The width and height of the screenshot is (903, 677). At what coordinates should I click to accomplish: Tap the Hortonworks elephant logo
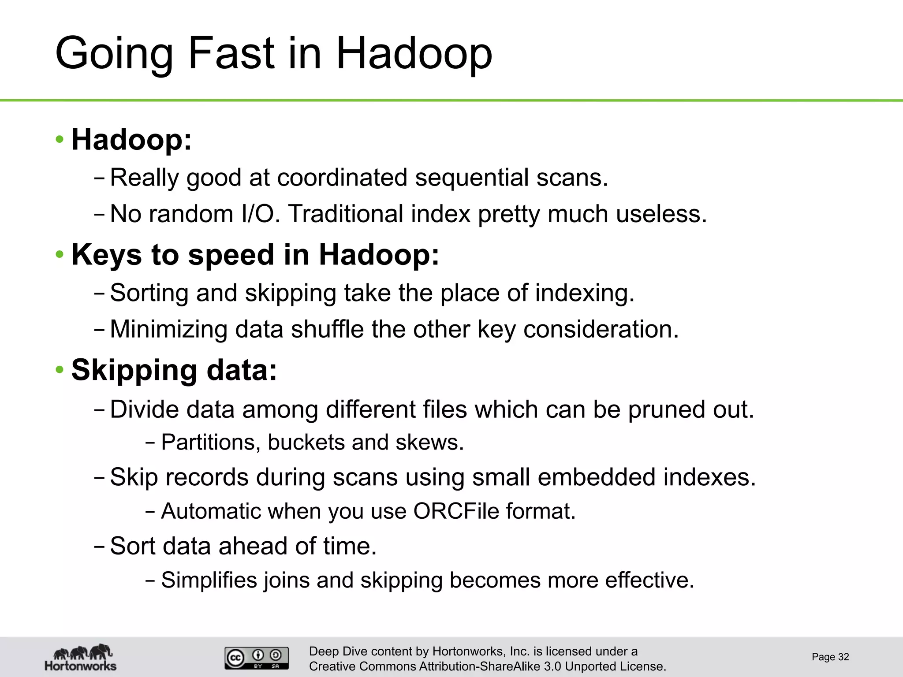[x=81, y=657]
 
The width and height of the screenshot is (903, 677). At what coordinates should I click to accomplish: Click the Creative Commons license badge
[x=257, y=658]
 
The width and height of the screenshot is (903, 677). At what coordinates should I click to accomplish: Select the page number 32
[x=843, y=657]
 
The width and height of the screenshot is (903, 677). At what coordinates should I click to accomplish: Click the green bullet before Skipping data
[x=60, y=370]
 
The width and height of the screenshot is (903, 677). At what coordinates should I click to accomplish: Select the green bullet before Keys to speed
[x=60, y=255]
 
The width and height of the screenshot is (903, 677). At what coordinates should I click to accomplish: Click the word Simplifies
[x=209, y=580]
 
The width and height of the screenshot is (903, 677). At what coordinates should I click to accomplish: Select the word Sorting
[x=149, y=293]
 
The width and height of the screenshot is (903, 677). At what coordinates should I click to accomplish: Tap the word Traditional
[x=345, y=214]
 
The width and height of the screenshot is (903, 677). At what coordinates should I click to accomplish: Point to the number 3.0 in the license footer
[x=552, y=666]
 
